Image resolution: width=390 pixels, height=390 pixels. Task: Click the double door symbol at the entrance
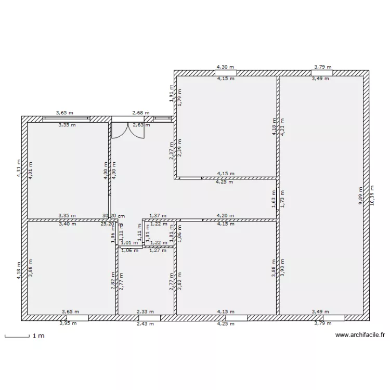tap(127, 131)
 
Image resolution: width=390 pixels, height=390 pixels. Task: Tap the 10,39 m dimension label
tap(372, 196)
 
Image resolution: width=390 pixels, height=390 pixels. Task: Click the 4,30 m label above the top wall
tap(225, 67)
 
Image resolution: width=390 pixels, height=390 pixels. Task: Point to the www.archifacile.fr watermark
tap(359, 335)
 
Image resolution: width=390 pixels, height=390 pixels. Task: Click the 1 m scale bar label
tap(38, 336)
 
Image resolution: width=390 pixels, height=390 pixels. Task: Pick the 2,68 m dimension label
tap(140, 112)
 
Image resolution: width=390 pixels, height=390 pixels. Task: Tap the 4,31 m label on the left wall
tap(20, 168)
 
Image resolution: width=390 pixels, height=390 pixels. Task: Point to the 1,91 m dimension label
tap(171, 93)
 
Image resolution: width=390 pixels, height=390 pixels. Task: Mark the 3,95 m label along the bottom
tap(68, 323)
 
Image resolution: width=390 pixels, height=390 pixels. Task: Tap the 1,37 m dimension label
tap(158, 215)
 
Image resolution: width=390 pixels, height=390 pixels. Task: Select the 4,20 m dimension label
tap(225, 215)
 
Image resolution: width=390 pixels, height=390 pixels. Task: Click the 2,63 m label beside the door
tap(141, 125)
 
